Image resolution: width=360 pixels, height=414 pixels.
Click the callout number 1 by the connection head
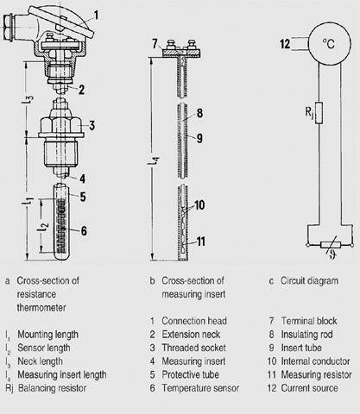(x=96, y=16)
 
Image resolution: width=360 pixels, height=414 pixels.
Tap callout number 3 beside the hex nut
(x=92, y=125)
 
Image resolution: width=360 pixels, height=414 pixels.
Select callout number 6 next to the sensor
(x=84, y=230)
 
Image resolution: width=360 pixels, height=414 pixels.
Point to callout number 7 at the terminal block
(x=155, y=44)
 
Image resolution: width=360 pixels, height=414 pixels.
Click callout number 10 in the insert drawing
(x=199, y=205)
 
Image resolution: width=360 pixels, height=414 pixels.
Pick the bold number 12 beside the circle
(x=285, y=44)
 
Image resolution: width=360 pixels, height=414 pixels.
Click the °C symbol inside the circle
(x=328, y=44)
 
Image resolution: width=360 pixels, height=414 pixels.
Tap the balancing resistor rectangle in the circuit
(x=319, y=113)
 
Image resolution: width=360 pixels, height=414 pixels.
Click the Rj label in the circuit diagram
(x=309, y=112)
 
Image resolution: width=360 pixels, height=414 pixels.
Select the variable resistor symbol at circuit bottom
(x=331, y=245)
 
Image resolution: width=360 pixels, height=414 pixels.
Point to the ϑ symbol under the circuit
(x=332, y=254)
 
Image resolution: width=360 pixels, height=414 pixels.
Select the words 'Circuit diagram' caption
(x=309, y=281)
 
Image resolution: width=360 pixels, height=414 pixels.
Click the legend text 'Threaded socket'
(x=193, y=348)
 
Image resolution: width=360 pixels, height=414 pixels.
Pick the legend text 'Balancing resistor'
(x=52, y=388)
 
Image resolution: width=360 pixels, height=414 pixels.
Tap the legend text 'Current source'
(x=309, y=388)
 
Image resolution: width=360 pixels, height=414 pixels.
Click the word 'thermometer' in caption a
(x=41, y=308)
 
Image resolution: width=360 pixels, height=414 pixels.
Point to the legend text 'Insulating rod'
(x=306, y=335)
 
